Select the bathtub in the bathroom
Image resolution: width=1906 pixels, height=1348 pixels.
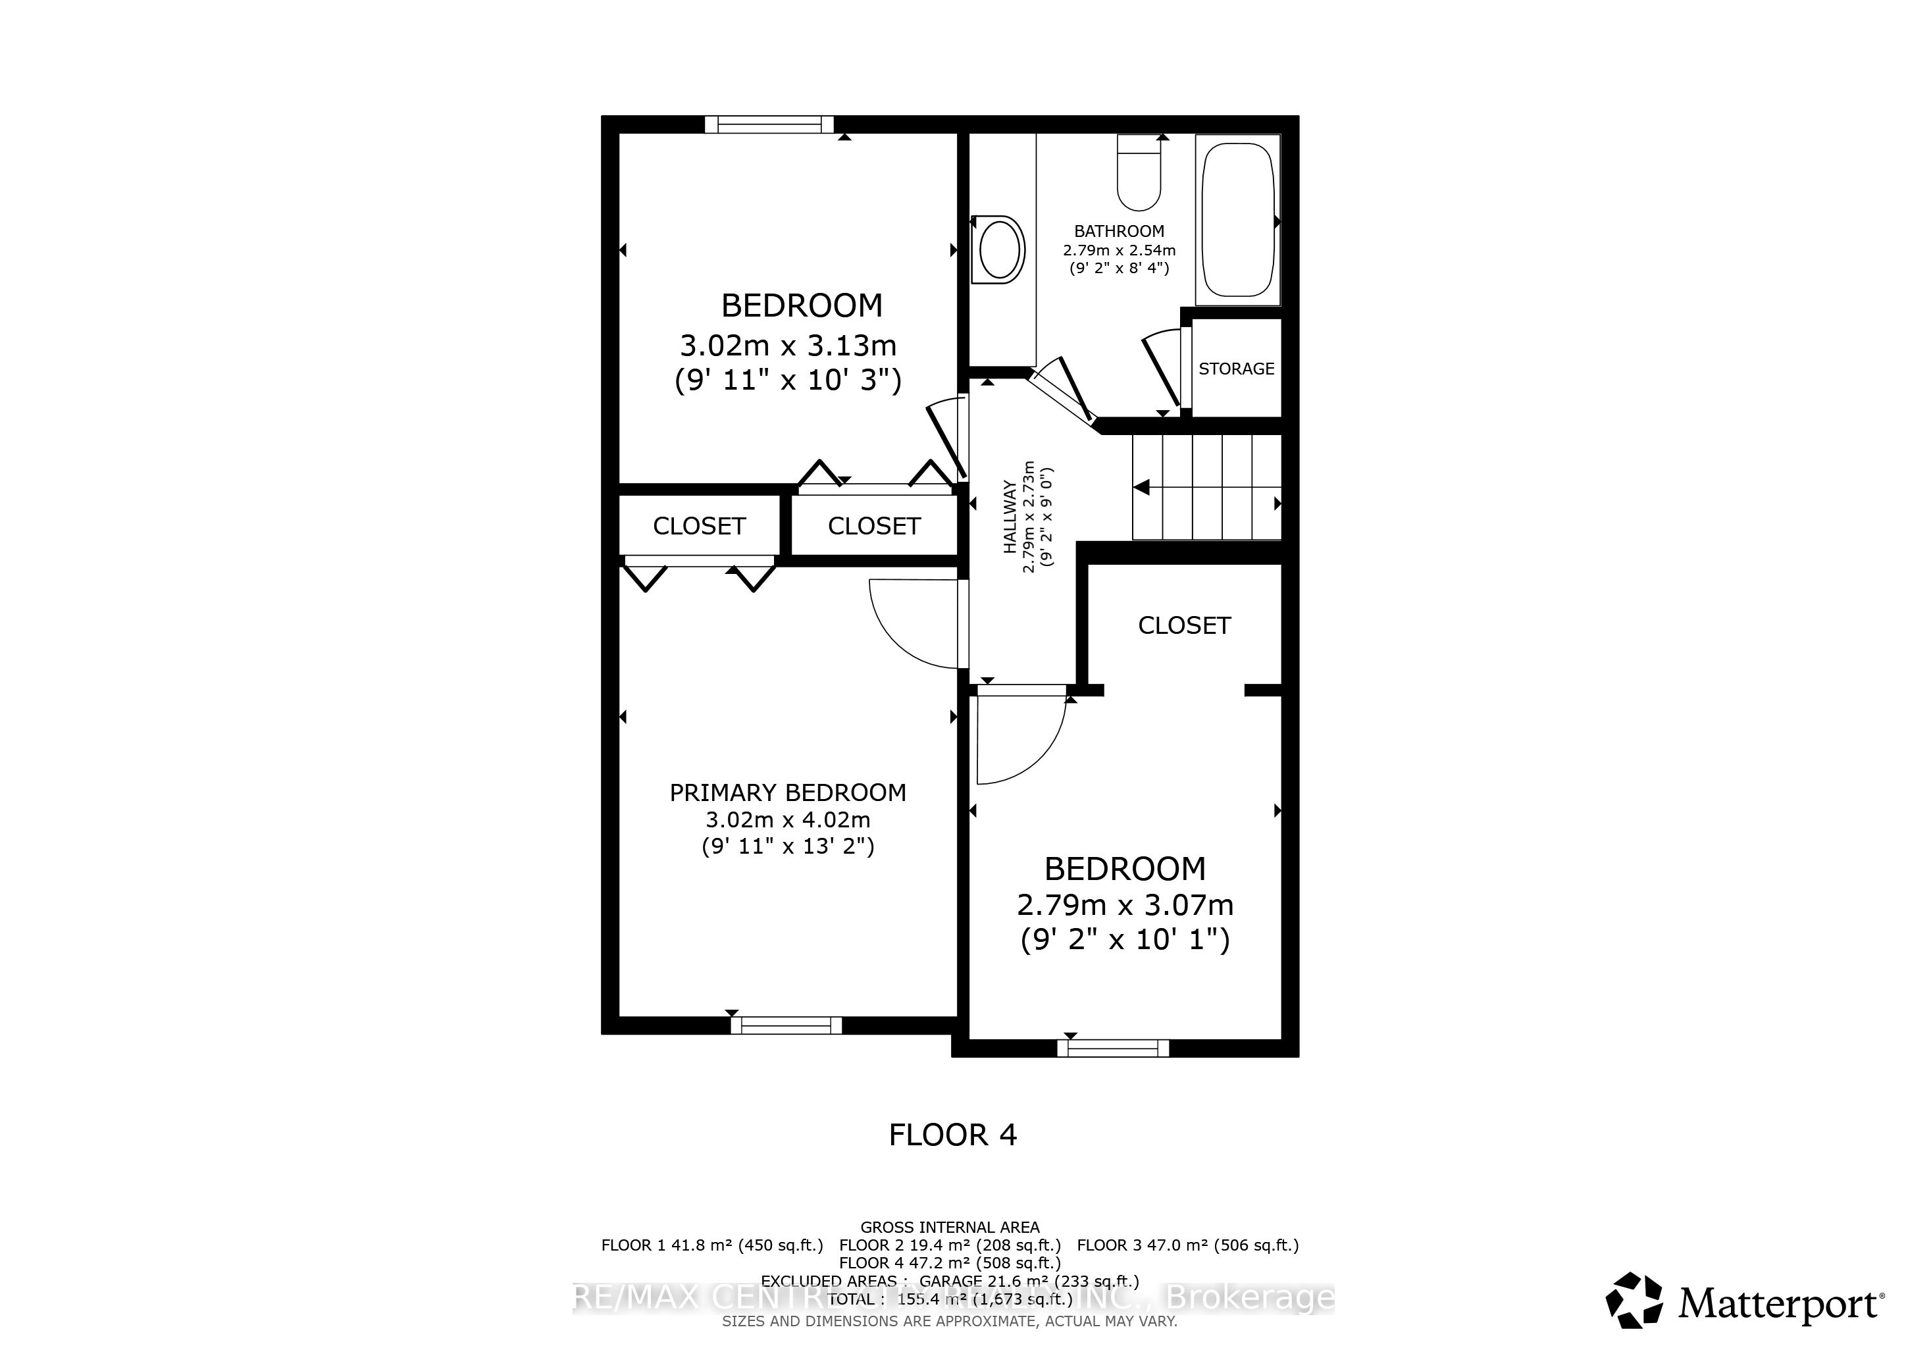pos(1237,220)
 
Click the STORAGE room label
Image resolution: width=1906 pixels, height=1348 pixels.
pos(1236,369)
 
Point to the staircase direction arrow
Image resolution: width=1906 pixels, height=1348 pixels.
pos(1143,487)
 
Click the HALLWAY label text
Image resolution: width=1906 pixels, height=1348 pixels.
pos(1010,516)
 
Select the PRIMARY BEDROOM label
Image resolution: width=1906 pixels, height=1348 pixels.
pos(787,792)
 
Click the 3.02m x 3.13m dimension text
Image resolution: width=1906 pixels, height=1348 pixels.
pos(788,346)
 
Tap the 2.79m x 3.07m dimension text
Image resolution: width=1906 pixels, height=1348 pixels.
pos(1125,905)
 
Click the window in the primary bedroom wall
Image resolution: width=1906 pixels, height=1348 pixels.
pos(786,1026)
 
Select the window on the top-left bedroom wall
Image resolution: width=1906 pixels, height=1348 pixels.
pos(768,124)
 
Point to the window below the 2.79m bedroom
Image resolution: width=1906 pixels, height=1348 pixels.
pos(1112,1049)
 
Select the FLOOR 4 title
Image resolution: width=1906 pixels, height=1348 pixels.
pos(952,1135)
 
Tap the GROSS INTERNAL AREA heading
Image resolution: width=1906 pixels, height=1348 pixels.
pos(950,1227)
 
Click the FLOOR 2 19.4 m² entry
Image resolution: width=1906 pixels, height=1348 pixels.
pos(950,1245)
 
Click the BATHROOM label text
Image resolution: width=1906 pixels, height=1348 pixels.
pos(1118,232)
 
